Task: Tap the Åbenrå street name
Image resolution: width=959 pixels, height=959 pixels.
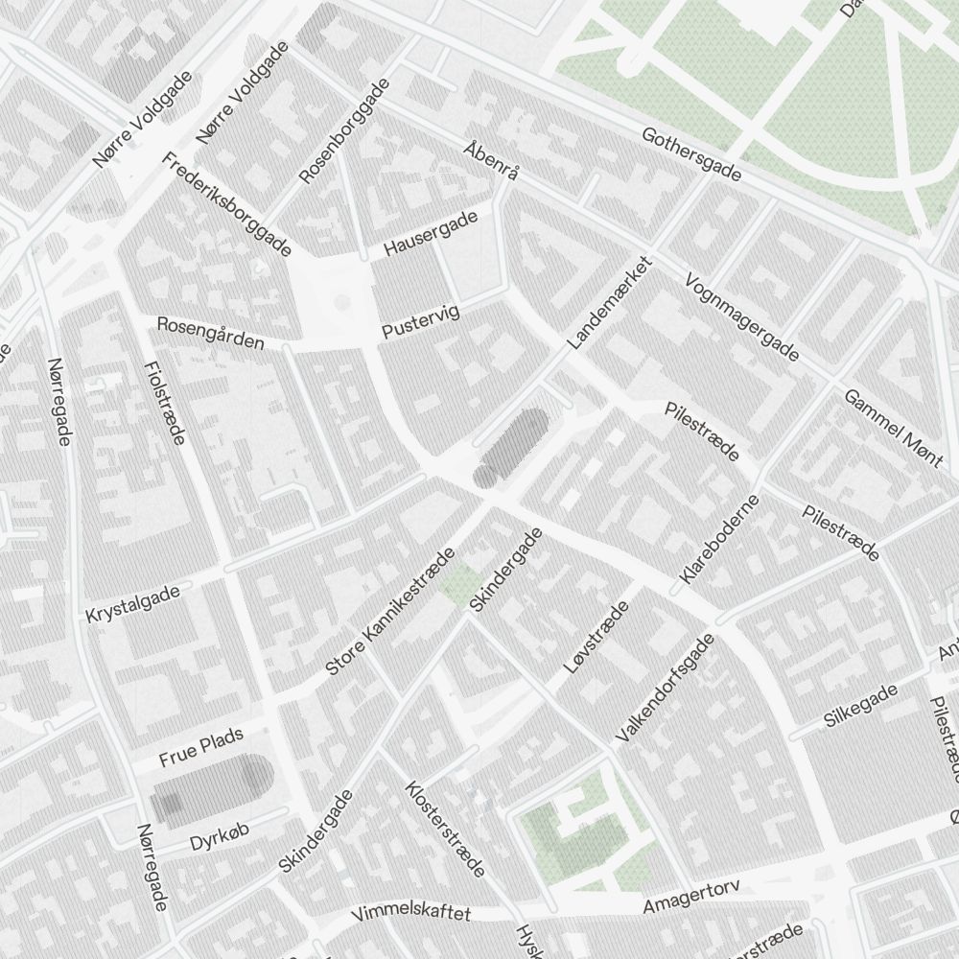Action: pyautogui.click(x=491, y=161)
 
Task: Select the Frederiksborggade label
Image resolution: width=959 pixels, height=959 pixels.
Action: pyautogui.click(x=226, y=205)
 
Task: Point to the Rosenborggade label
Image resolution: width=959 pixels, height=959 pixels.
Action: pyautogui.click(x=344, y=131)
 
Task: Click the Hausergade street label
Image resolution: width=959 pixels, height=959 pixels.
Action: pyautogui.click(x=431, y=234)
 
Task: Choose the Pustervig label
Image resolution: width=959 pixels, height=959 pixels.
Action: pyautogui.click(x=420, y=321)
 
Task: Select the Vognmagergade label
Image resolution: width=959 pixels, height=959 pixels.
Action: pyautogui.click(x=741, y=317)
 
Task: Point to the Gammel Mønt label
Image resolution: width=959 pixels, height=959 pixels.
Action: pyautogui.click(x=893, y=428)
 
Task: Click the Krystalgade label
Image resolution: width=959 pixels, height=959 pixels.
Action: pyautogui.click(x=132, y=605)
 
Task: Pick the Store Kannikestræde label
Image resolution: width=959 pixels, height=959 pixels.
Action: pyautogui.click(x=389, y=612)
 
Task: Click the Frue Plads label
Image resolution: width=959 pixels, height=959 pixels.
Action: pyautogui.click(x=201, y=746)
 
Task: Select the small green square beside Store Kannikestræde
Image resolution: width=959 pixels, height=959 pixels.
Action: pyautogui.click(x=461, y=583)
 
